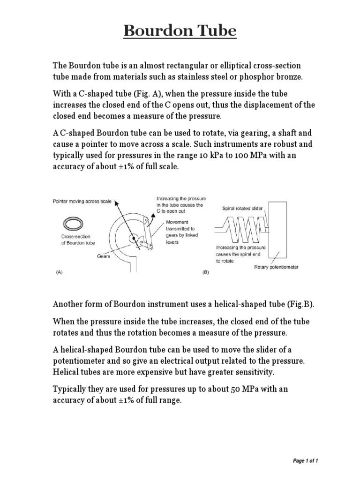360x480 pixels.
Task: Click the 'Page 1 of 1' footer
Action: click(305, 461)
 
